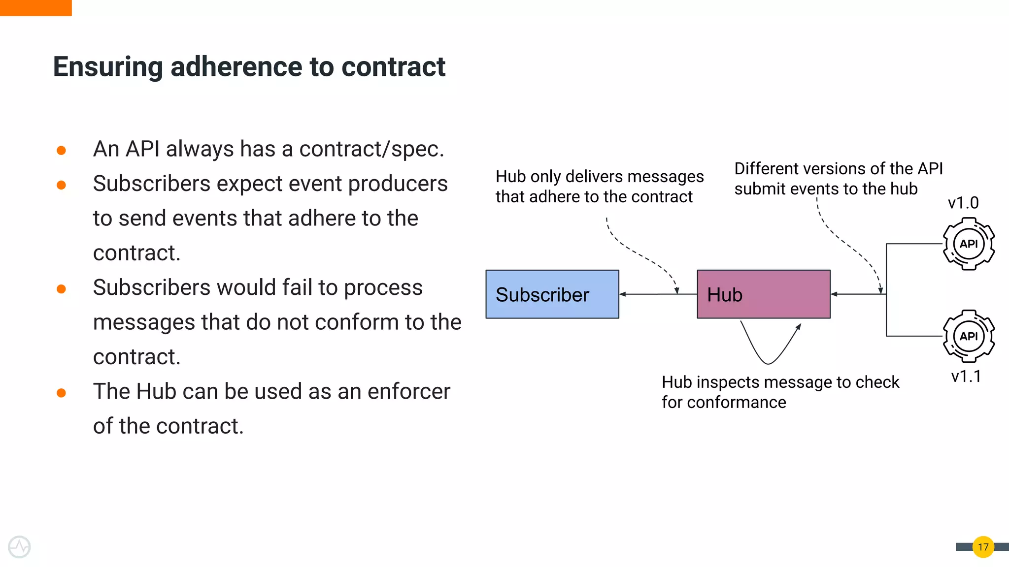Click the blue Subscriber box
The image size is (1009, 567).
552,294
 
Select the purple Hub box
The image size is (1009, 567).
763,294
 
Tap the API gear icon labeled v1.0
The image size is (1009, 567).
969,244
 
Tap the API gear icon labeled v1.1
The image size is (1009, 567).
969,337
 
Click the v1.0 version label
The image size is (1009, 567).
963,203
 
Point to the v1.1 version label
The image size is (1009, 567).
966,377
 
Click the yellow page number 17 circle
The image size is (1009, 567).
983,547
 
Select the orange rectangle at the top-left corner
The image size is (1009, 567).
35,7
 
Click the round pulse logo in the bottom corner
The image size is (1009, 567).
19,547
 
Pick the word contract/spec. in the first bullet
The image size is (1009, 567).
371,149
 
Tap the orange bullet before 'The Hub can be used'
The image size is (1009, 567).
61,393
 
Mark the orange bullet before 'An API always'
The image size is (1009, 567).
61,150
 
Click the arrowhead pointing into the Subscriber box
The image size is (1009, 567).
623,294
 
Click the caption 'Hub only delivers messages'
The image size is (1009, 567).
599,176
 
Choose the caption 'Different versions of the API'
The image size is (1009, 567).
838,169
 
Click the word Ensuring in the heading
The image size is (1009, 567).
107,67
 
